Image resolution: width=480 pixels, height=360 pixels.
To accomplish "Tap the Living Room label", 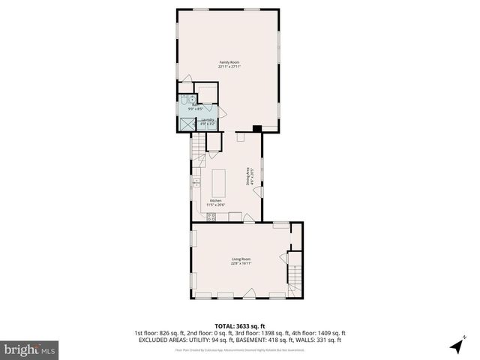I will (x=241, y=259).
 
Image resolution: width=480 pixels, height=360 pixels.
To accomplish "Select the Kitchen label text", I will (x=216, y=200).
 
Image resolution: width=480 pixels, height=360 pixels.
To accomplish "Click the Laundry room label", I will (x=207, y=120).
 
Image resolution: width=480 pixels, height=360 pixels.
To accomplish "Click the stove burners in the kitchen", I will (x=211, y=217).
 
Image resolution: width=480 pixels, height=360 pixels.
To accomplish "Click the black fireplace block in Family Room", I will (x=257, y=128).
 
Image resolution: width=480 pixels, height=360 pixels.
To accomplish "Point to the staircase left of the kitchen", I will (x=198, y=153).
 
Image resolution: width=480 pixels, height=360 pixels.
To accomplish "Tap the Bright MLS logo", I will (x=30, y=349).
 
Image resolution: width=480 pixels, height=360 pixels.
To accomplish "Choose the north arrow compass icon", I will (x=456, y=346).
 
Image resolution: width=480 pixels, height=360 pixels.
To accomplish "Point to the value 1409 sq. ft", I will (x=331, y=333).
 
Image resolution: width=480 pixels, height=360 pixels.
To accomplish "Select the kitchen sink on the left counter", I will (x=196, y=182).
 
